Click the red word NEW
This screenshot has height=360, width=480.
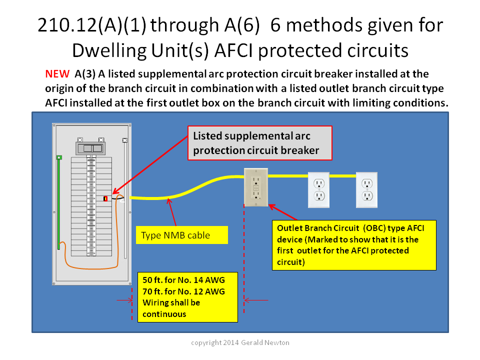[x=57, y=74]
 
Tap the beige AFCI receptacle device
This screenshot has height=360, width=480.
[x=256, y=187]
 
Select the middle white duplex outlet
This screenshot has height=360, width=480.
[x=318, y=190]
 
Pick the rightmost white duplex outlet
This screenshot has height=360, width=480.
[x=366, y=190]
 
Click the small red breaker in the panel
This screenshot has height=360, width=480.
[x=105, y=198]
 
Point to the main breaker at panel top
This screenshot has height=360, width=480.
[x=90, y=148]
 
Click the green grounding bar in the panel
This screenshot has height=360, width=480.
[x=59, y=202]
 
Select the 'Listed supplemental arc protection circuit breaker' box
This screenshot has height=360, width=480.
[x=260, y=143]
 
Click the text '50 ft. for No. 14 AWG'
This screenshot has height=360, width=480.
[x=183, y=280]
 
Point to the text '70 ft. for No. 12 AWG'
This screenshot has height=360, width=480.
[x=183, y=291]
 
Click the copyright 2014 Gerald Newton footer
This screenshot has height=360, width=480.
[x=240, y=342]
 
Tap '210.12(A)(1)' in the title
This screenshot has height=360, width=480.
[x=92, y=25]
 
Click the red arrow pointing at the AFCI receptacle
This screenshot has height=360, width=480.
[x=282, y=212]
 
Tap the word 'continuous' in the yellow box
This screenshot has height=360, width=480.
[x=164, y=314]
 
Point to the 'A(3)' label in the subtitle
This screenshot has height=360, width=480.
[x=85, y=74]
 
